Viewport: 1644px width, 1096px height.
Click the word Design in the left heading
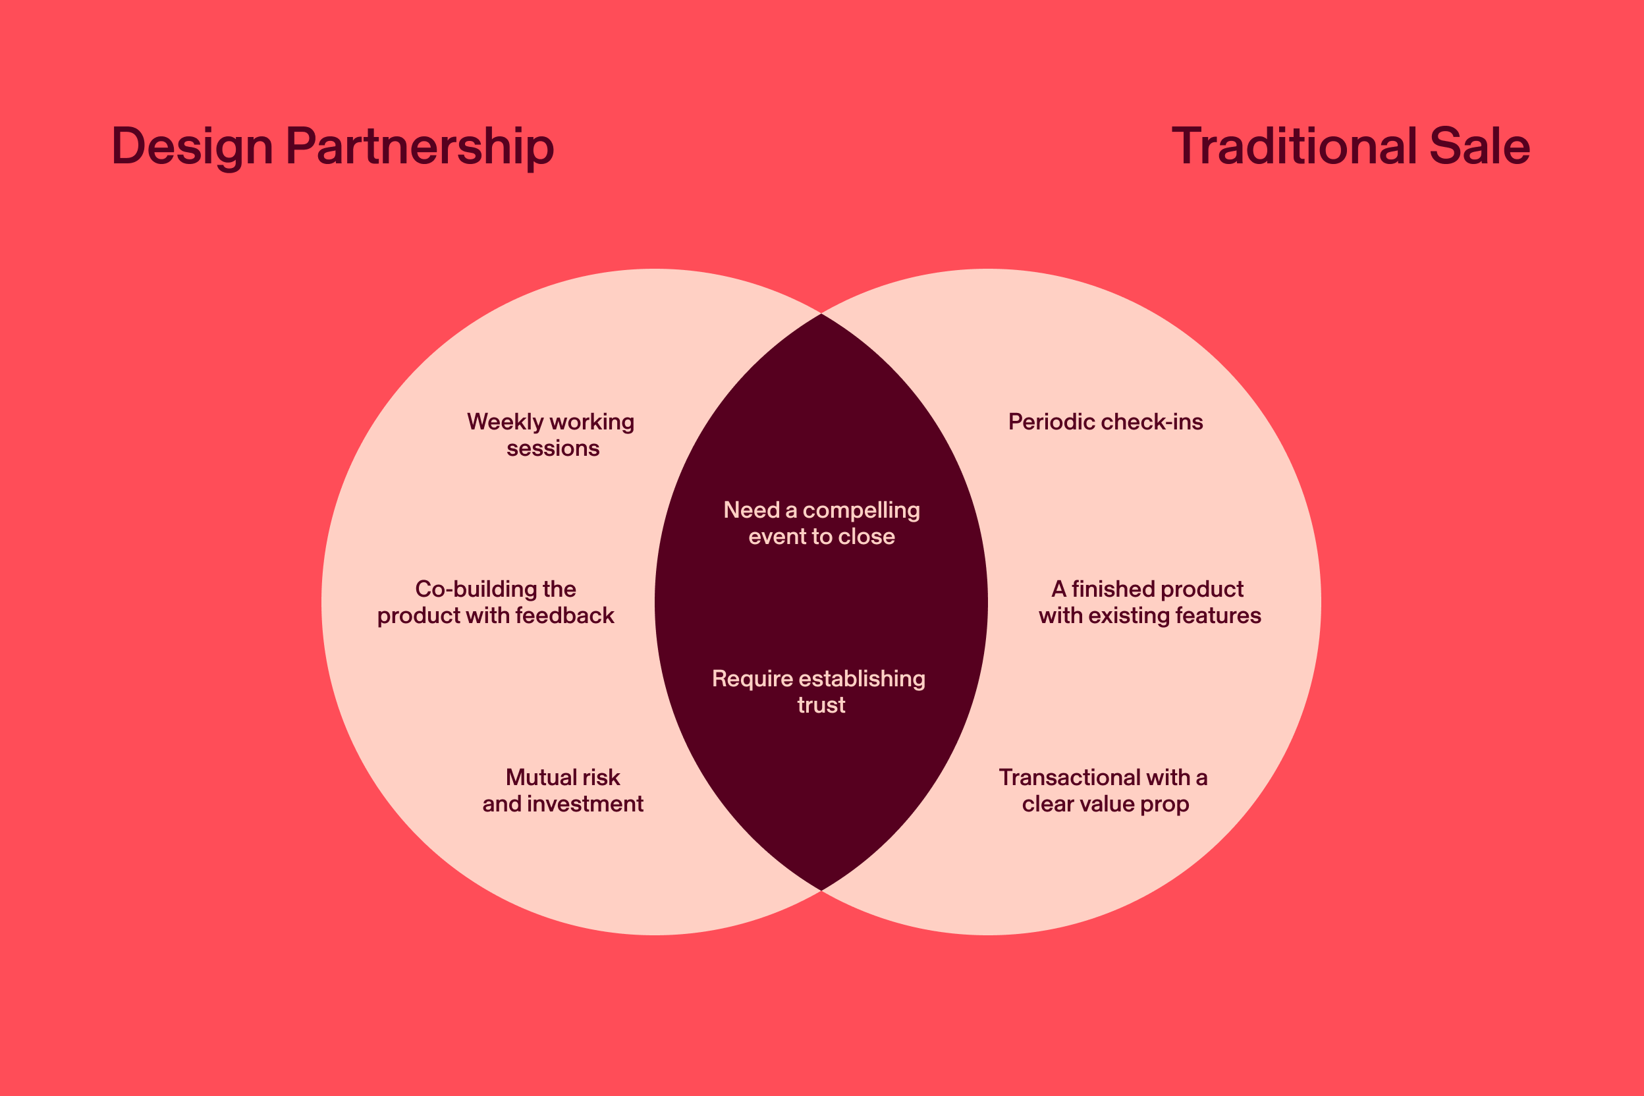192,147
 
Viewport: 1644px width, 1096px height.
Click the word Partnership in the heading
420,147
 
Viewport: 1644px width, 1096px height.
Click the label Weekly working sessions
551,435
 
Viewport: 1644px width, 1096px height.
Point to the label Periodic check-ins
1105,422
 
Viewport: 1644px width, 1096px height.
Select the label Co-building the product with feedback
495,602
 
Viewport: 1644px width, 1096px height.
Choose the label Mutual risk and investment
562,790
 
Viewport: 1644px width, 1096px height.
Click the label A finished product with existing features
1149,602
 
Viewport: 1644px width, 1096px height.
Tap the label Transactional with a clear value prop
1104,790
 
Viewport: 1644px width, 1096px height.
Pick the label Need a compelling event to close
821,523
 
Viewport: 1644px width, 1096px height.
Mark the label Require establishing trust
819,692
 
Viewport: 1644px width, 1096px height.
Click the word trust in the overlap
821,705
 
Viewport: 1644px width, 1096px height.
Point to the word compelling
861,510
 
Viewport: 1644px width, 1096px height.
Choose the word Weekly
505,422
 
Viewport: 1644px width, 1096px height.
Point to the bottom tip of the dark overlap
821,889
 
